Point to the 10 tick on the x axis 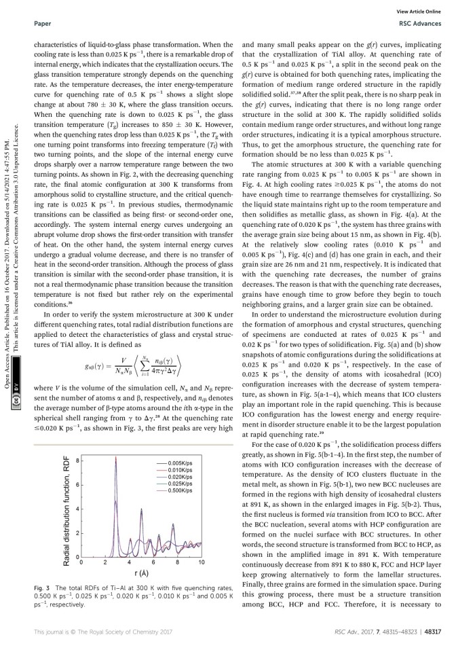[202, 563]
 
